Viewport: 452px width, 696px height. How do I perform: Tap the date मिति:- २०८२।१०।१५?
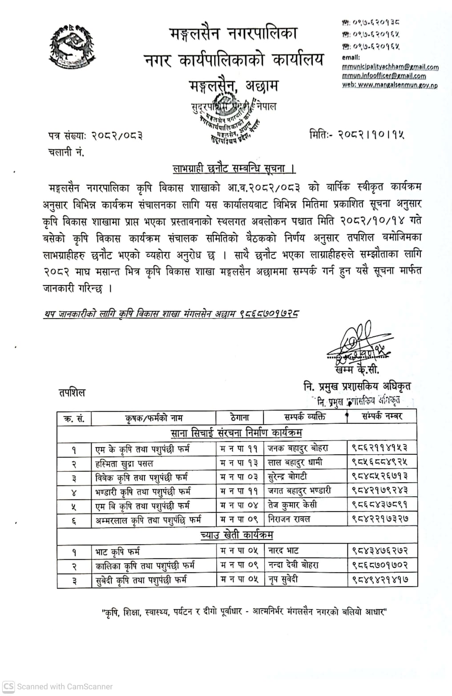357,134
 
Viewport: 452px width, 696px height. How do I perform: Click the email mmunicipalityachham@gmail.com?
390,67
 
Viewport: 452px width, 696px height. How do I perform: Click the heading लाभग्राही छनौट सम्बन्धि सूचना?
234,169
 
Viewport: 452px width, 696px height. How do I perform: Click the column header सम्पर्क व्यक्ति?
305,417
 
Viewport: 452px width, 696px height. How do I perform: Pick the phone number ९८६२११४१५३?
380,448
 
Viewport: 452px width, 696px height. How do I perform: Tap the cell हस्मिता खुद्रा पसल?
125,463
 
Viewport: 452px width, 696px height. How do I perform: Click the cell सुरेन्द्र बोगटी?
287,477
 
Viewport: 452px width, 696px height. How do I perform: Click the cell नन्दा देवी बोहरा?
293,565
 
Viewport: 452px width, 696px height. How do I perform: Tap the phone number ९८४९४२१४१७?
380,580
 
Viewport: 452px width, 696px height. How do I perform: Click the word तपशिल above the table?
72,393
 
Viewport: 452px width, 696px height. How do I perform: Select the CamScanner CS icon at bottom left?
8,686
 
